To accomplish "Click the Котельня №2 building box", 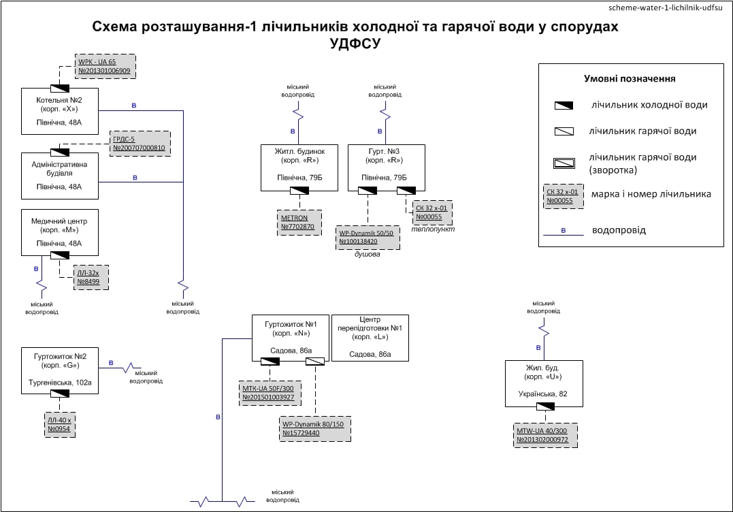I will tap(60, 112).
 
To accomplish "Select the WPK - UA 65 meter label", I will tap(105, 66).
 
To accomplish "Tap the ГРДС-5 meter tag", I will tap(139, 143).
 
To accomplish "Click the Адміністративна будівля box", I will tap(60, 176).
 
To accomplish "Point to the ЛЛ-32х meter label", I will tap(91, 276).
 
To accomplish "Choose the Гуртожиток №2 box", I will tap(60, 371).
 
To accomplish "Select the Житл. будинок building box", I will tap(300, 168).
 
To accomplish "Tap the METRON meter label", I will tap(299, 222).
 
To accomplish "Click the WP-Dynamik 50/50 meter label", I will tap(368, 237).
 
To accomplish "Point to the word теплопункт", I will tap(432, 229).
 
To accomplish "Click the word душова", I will tap(368, 255).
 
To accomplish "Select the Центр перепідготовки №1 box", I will tap(370, 337).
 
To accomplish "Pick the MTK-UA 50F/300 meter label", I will tap(270, 392).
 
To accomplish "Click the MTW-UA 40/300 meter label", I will tap(546, 435).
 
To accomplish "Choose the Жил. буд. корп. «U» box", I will tap(544, 384).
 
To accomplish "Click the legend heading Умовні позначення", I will tap(630, 78).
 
